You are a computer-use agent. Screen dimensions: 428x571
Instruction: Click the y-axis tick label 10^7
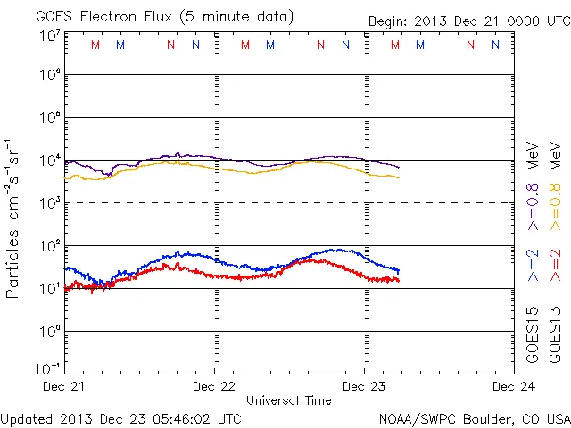(50, 36)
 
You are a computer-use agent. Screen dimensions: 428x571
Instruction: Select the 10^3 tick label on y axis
(50, 203)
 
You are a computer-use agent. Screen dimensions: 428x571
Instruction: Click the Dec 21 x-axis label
(65, 386)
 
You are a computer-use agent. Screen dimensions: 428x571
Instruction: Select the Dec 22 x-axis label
(214, 386)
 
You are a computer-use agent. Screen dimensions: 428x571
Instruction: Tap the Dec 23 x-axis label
(364, 386)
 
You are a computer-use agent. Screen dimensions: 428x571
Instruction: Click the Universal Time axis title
(289, 400)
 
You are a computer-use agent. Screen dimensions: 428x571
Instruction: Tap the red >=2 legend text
(556, 266)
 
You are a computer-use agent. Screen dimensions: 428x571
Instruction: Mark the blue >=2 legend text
(534, 266)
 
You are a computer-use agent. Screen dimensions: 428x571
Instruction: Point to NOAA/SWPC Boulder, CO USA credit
(474, 418)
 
